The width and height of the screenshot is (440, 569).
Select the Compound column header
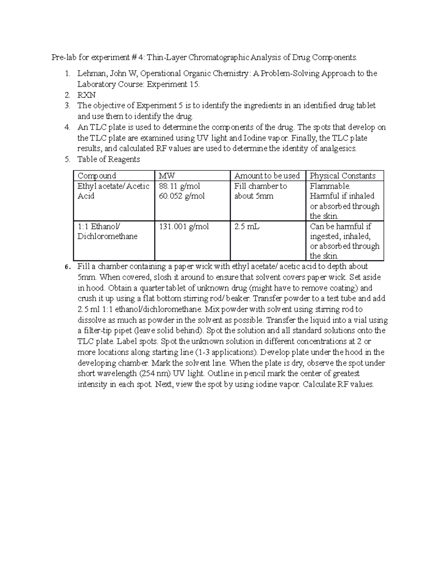(97, 176)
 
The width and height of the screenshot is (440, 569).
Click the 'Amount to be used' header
(267, 176)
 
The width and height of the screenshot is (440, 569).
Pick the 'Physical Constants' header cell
(343, 176)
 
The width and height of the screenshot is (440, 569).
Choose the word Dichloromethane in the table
(107, 237)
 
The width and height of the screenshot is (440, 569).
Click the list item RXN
(87, 95)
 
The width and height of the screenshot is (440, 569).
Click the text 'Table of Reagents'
(109, 159)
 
